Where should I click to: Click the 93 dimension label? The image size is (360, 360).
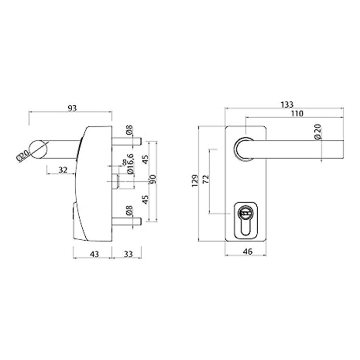[72, 108]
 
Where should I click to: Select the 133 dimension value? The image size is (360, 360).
[287, 105]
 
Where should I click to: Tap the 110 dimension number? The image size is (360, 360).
[297, 114]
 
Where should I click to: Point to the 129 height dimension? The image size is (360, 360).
[195, 181]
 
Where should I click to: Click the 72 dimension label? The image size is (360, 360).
[206, 179]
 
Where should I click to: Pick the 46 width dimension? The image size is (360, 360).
[248, 252]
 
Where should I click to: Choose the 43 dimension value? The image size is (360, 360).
[94, 254]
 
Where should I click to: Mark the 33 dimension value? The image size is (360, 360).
[128, 254]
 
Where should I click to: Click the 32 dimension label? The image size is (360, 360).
[63, 170]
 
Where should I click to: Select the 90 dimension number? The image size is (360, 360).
[153, 179]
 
